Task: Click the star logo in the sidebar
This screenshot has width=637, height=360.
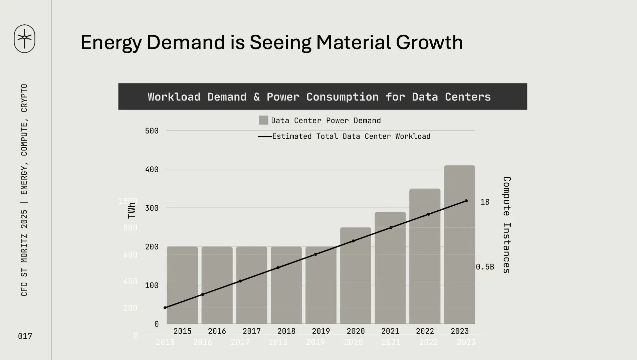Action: tap(24, 38)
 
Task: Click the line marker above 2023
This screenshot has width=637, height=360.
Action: tap(466, 201)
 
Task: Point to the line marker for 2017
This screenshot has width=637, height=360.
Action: tap(240, 281)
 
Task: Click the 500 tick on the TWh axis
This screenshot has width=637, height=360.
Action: tap(152, 131)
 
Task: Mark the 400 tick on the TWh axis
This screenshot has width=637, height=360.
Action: tap(152, 170)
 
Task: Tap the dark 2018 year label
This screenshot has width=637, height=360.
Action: tap(286, 331)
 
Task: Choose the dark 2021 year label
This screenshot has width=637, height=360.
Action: tap(390, 331)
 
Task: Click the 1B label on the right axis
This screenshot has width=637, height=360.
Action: tap(485, 202)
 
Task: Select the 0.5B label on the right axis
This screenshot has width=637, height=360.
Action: tap(485, 267)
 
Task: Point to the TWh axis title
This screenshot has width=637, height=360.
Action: tap(132, 210)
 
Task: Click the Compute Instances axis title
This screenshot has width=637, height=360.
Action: tap(506, 225)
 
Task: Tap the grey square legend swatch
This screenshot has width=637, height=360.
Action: tap(263, 120)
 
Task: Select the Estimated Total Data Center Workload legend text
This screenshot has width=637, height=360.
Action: tap(351, 136)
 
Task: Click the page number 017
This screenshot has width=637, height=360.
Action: tap(25, 336)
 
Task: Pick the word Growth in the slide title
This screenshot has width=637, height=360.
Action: tap(429, 42)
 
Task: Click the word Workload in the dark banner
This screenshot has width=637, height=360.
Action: tap(174, 97)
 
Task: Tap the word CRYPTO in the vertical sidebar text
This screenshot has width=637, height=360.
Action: tap(24, 98)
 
